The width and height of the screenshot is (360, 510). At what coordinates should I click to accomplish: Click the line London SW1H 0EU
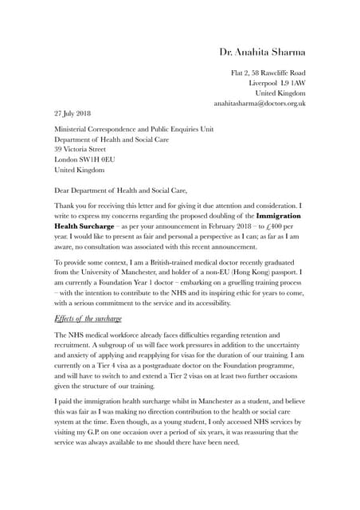click(x=80, y=159)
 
